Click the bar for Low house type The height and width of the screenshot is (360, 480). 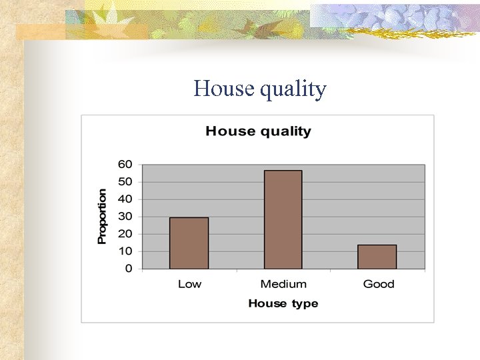(x=189, y=243)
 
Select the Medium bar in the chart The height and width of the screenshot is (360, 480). (x=283, y=220)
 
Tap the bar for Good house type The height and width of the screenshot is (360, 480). (x=377, y=257)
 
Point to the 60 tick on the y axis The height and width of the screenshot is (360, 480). (x=125, y=164)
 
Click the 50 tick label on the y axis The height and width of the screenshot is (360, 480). (x=125, y=181)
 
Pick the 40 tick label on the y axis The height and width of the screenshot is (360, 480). (x=125, y=199)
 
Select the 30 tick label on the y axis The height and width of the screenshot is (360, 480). (x=125, y=216)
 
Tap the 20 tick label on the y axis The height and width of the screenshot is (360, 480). (x=125, y=234)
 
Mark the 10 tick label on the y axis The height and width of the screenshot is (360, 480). (x=125, y=251)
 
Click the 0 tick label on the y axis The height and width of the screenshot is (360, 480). (x=129, y=269)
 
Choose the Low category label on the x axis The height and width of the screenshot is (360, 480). (x=189, y=284)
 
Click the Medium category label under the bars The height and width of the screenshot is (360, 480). (x=283, y=284)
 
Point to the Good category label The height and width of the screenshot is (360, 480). (x=379, y=284)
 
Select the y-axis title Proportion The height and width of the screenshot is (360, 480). (x=102, y=216)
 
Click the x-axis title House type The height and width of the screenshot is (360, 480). (x=283, y=304)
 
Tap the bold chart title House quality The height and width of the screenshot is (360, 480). (x=258, y=131)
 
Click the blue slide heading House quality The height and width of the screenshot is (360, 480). (x=260, y=89)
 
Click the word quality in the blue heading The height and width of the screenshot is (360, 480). (x=293, y=89)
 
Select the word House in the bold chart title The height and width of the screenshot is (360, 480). (x=229, y=131)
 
